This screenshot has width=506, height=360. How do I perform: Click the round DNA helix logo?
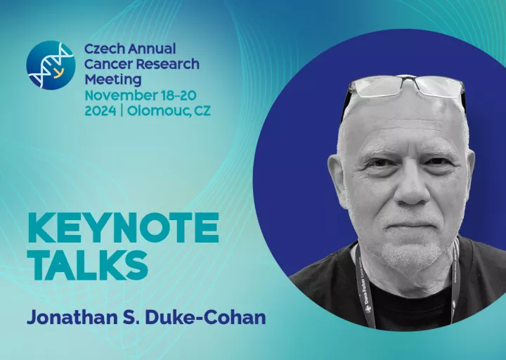51,65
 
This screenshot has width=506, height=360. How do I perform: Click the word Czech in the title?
104,49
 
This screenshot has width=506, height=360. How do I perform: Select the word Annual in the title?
152,49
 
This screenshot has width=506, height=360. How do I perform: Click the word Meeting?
113,80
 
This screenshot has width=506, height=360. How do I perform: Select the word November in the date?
121,96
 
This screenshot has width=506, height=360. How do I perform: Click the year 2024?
100,111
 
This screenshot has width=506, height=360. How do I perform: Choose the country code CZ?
202,111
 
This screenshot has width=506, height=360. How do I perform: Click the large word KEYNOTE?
123,228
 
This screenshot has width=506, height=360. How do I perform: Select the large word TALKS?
88,265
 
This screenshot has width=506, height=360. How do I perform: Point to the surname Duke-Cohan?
205,317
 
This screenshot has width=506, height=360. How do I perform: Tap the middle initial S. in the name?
131,317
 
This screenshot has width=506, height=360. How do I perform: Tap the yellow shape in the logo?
58,74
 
